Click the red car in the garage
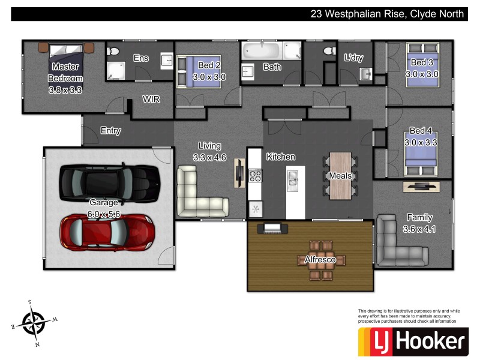coord(107,232)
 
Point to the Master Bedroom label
coord(65,78)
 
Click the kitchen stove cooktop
coord(256,175)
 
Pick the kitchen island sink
coord(294,178)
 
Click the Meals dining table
coord(340,175)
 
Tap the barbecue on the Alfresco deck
coord(274,228)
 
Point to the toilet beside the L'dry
coord(329,52)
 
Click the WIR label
coord(151,99)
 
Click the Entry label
coord(110,130)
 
